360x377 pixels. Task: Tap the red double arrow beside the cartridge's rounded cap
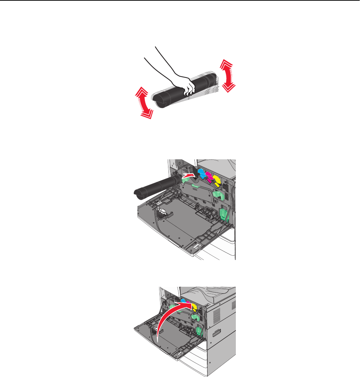[144, 103]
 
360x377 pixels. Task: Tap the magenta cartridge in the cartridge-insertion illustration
[210, 177]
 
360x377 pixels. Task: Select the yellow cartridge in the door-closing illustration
[194, 306]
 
